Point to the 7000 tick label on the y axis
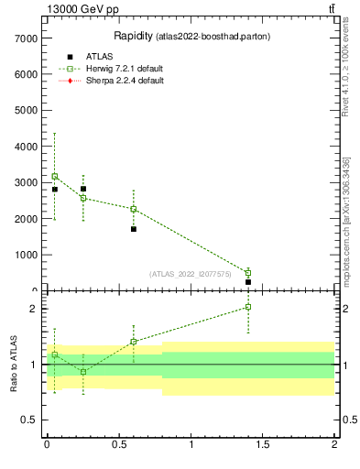[x=25, y=38]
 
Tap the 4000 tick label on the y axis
[x=25, y=147]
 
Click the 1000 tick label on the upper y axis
[x=25, y=256]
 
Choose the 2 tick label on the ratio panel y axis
[x=32, y=309]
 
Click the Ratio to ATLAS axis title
[x=14, y=365]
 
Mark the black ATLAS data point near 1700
[x=134, y=229]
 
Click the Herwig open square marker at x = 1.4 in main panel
[x=248, y=273]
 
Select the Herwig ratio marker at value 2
[x=248, y=307]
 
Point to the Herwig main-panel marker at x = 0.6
[x=134, y=209]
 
